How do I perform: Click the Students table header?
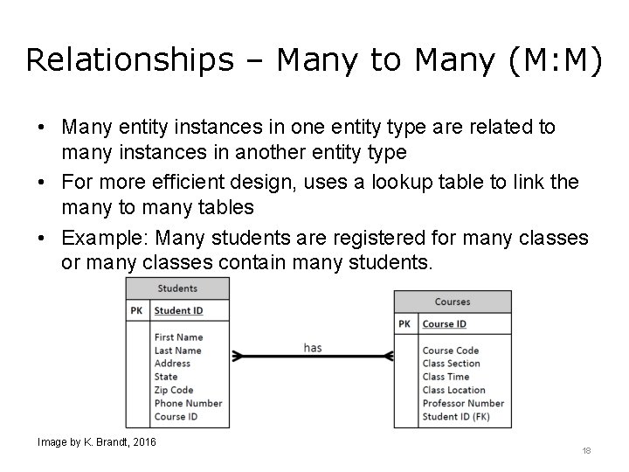[x=177, y=288]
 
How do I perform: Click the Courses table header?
[x=452, y=302]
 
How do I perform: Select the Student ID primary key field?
[x=178, y=310]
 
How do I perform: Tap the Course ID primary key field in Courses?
[x=444, y=324]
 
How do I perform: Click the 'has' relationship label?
[x=312, y=348]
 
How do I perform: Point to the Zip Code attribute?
[x=174, y=390]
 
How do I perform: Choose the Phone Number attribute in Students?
[x=188, y=403]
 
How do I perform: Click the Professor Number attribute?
[x=463, y=403]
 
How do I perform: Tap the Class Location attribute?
[x=453, y=390]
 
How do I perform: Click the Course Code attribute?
[x=451, y=351]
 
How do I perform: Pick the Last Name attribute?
[x=177, y=351]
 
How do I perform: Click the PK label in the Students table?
[x=137, y=310]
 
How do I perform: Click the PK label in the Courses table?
[x=404, y=324]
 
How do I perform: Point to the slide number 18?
[x=586, y=451]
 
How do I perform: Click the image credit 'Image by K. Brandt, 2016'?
[x=96, y=442]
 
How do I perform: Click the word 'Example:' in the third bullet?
[x=100, y=239]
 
